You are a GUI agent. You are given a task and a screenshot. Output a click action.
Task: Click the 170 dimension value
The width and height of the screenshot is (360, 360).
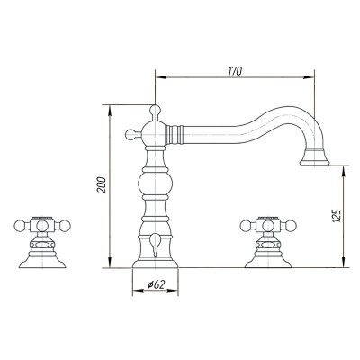(x=235, y=71)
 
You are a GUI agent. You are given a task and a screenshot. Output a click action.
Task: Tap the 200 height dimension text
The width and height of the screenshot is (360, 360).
(x=102, y=185)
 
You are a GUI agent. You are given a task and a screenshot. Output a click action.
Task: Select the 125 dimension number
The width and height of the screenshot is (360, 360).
(x=337, y=216)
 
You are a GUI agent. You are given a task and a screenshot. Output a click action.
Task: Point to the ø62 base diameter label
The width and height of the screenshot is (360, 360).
(x=156, y=284)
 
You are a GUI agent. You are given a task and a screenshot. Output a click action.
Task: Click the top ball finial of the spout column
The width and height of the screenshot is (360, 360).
(x=155, y=110)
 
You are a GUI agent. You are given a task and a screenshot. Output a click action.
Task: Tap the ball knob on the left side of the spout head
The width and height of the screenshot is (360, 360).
(x=130, y=134)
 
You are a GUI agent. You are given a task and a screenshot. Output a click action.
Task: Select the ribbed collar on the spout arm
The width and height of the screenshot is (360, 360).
(x=174, y=133)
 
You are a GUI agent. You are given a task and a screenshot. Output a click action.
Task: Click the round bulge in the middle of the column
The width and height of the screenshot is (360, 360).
(x=155, y=184)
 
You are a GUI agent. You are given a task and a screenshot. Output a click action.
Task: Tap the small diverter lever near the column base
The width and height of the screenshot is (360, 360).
(x=155, y=245)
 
